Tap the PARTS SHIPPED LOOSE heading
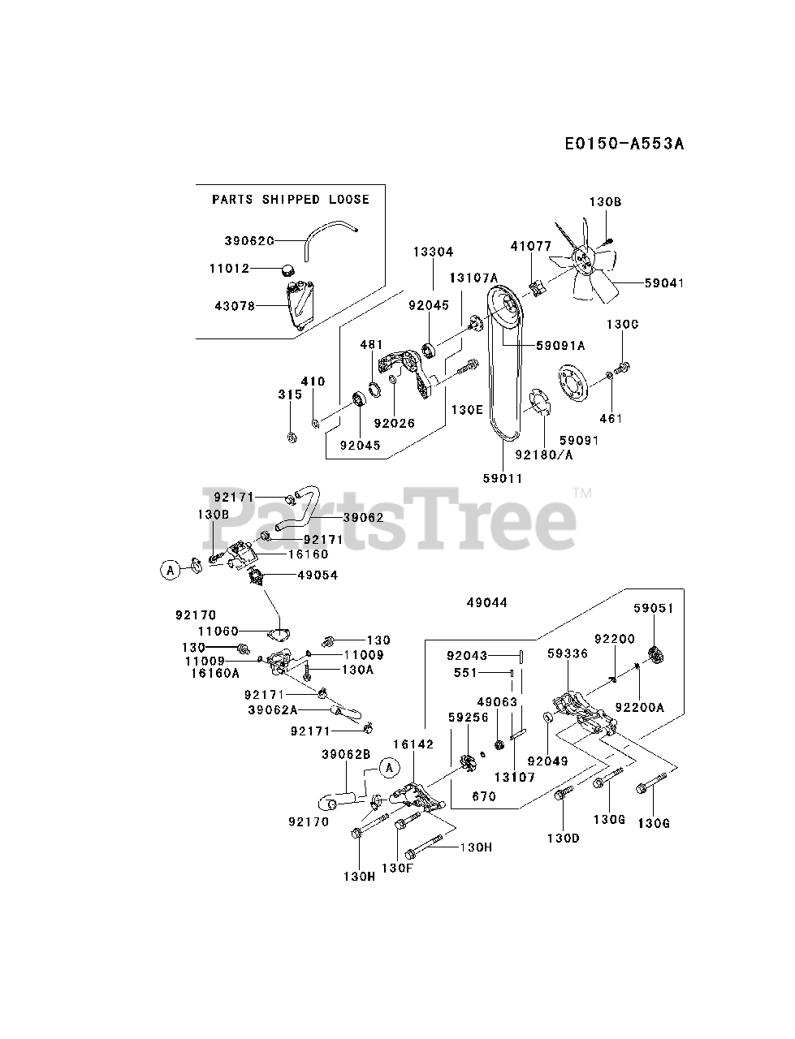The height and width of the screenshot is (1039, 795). pos(290,199)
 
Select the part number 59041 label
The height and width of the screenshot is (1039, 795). pos(664,283)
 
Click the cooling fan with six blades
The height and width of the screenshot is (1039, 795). pos(585,260)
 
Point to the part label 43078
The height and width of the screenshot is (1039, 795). pos(235,306)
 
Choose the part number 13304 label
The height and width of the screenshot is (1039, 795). pos(432,252)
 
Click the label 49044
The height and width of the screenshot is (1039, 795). pos(487,602)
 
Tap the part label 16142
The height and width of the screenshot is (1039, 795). pos(414,744)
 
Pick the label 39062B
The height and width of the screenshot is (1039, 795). pos(345,754)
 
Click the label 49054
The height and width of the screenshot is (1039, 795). pos(296,576)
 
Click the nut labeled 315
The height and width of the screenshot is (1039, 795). pos(292,438)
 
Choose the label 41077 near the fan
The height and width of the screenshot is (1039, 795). pos(531,245)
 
